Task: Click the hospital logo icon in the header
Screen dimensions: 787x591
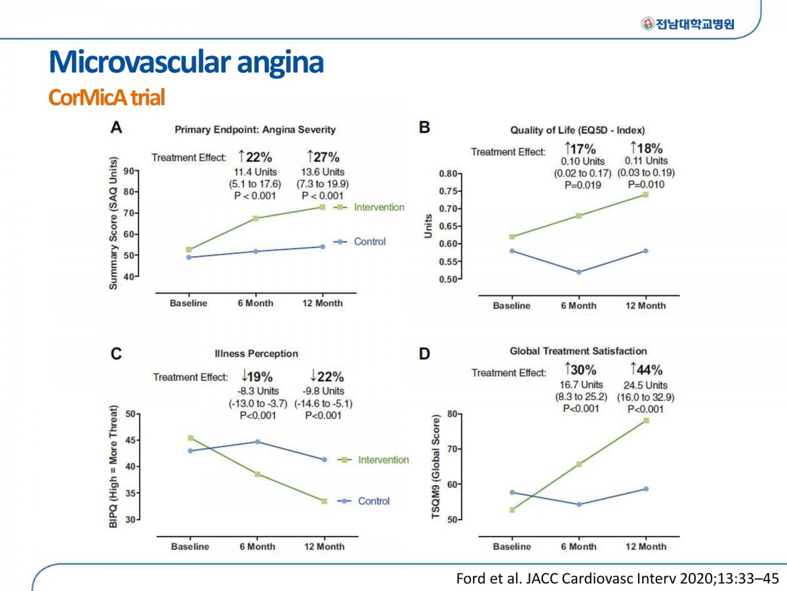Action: (647, 24)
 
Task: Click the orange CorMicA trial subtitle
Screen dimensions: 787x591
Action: (106, 97)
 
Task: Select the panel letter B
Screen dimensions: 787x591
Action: (424, 127)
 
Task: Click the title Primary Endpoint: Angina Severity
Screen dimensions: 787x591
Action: (255, 129)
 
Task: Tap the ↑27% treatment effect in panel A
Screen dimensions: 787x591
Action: (323, 157)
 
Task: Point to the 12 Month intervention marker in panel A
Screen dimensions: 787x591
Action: (322, 207)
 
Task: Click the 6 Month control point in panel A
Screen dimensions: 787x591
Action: (256, 252)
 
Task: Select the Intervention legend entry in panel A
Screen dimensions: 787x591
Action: (369, 207)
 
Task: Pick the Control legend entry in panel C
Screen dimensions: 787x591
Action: (363, 501)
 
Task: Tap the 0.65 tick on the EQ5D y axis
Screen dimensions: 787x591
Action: (448, 226)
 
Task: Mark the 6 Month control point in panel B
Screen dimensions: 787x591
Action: (578, 272)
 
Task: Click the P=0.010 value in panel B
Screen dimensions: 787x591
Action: (646, 185)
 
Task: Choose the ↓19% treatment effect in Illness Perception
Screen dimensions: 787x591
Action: (256, 376)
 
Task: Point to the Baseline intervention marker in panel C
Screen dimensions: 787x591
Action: (191, 438)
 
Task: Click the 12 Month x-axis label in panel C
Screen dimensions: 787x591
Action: (324, 546)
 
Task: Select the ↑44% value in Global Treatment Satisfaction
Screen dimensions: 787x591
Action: (647, 369)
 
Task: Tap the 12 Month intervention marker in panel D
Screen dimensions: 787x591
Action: (646, 420)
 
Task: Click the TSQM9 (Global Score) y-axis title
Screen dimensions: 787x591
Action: (435, 467)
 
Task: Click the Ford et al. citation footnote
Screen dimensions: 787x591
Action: (617, 579)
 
